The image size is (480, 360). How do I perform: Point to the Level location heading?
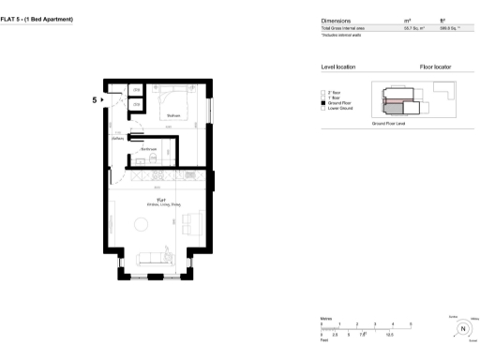[338, 67]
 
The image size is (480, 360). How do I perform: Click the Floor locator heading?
[438, 67]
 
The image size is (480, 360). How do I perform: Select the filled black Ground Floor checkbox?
[323, 103]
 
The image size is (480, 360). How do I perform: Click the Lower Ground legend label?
[338, 109]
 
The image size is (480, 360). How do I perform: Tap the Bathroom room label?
[148, 148]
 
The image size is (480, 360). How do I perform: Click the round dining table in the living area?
[142, 225]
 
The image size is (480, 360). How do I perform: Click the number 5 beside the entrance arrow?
[95, 97]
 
